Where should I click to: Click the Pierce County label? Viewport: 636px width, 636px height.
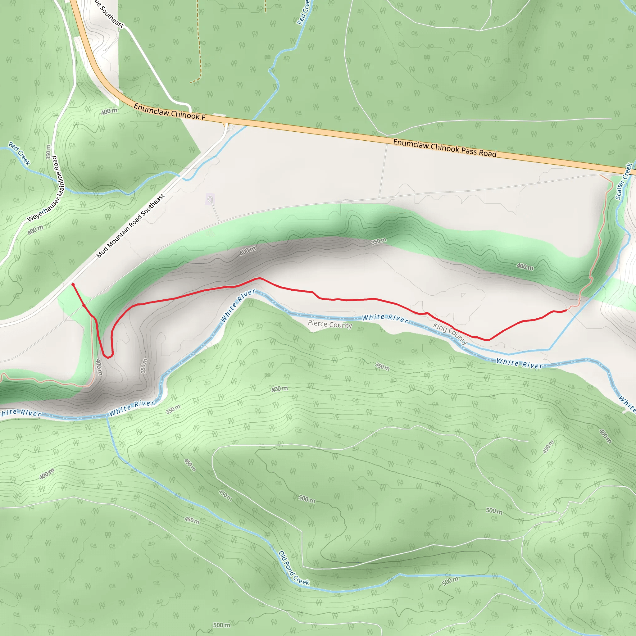[x=330, y=324]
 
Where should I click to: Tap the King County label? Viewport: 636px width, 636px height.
[x=450, y=333]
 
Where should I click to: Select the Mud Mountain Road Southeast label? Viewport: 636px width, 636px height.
[x=130, y=226]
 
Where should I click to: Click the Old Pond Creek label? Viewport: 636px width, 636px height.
[x=294, y=568]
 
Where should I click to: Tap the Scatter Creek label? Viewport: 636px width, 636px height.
[x=624, y=181]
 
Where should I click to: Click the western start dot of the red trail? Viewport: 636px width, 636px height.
[x=73, y=285]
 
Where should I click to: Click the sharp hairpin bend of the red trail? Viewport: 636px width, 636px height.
[x=108, y=356]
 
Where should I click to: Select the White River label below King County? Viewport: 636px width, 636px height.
[x=519, y=363]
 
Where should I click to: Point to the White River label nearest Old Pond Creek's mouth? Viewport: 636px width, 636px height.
[x=132, y=408]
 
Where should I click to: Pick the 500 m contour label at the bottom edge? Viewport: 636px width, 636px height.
[x=221, y=625]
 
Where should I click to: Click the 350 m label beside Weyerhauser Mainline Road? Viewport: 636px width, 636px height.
[x=49, y=152]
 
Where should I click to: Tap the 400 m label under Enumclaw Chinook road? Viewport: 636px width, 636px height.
[x=109, y=111]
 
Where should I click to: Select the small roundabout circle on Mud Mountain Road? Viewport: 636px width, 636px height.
[x=231, y=127]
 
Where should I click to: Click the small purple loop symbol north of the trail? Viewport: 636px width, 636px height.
[x=210, y=199]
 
